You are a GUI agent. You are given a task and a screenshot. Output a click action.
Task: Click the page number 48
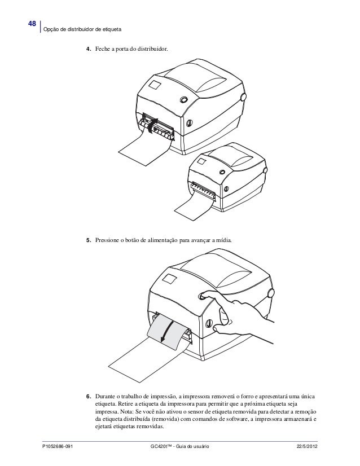point(32,24)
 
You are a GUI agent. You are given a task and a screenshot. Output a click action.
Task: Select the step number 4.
point(87,50)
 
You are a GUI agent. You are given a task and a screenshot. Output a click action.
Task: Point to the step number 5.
point(87,241)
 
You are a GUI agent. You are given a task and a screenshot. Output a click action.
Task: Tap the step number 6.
point(87,396)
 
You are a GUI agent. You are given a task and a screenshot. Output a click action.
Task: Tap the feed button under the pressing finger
point(202,295)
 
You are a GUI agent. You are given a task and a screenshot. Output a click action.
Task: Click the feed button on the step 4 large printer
point(183,100)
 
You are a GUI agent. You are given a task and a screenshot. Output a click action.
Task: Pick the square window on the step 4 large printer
point(153,86)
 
